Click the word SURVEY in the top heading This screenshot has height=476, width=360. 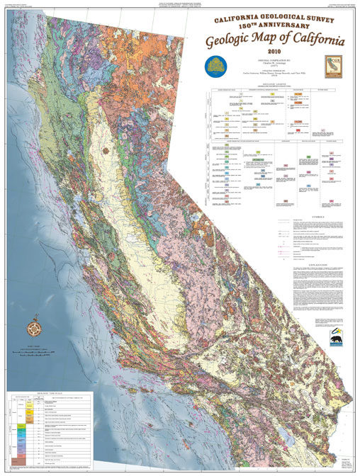pyautogui.click(x=322, y=17)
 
